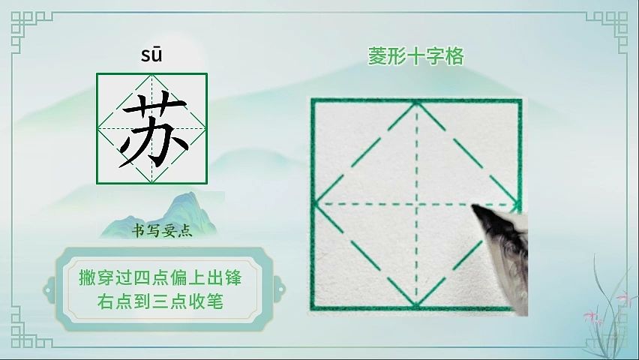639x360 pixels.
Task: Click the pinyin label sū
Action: click(x=151, y=55)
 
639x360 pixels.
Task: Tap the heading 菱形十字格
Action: click(x=416, y=56)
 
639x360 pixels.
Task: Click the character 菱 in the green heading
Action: click(x=377, y=56)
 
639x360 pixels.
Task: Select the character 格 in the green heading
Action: click(x=454, y=56)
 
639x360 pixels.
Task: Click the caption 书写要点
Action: click(x=162, y=231)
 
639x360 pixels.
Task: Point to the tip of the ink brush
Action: click(x=472, y=206)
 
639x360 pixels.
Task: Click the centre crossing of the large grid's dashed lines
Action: click(x=416, y=203)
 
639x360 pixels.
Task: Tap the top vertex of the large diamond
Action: click(x=416, y=103)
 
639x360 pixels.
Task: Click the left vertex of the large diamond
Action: click(x=315, y=203)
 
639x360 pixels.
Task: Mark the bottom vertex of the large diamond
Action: click(x=416, y=305)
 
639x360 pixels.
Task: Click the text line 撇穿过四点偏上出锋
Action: click(x=160, y=278)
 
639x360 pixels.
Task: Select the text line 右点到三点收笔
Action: click(x=160, y=301)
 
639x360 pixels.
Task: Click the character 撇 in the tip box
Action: click(x=87, y=278)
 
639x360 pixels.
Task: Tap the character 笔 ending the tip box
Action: click(x=214, y=301)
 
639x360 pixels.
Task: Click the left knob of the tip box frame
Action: click(x=49, y=289)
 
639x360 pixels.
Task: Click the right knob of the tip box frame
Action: click(x=280, y=289)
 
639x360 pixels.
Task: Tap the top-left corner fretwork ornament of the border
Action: click(x=25, y=27)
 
